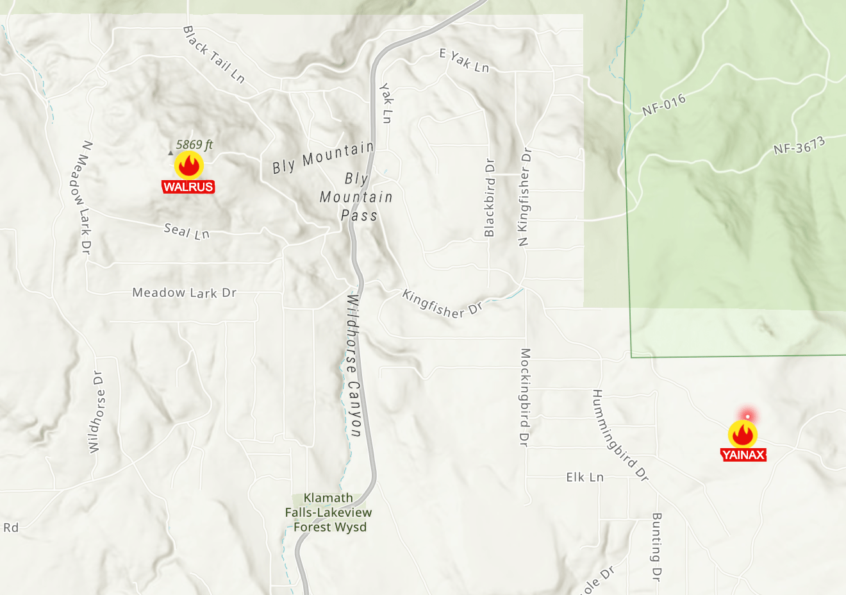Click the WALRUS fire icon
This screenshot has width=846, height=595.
pos(189,165)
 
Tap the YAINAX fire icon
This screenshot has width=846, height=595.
pos(743,434)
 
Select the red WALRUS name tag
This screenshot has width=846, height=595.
pos(188,187)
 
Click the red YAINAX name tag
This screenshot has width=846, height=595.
pos(743,455)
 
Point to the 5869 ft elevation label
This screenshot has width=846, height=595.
pos(194,145)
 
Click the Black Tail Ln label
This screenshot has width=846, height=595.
pos(214,54)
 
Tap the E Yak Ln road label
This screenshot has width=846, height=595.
pos(465,61)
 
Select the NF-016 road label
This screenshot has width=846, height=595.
pos(664,105)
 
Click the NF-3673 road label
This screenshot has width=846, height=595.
pos(799,146)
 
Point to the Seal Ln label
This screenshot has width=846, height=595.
pos(187,231)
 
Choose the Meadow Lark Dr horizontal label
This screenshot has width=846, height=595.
pos(185,293)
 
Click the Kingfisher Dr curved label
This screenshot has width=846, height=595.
pos(442,304)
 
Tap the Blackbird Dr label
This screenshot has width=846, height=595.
pos(490,197)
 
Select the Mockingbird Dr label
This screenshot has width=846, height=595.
pos(525,397)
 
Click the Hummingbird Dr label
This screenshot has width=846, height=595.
pos(620,435)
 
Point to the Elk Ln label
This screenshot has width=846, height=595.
pos(585,477)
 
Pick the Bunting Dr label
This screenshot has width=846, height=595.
pos(656,547)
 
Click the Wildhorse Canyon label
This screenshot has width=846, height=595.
pos(354,365)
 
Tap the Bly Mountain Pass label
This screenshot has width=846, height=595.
pos(357,197)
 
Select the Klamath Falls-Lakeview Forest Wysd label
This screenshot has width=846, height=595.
pos(329,512)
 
